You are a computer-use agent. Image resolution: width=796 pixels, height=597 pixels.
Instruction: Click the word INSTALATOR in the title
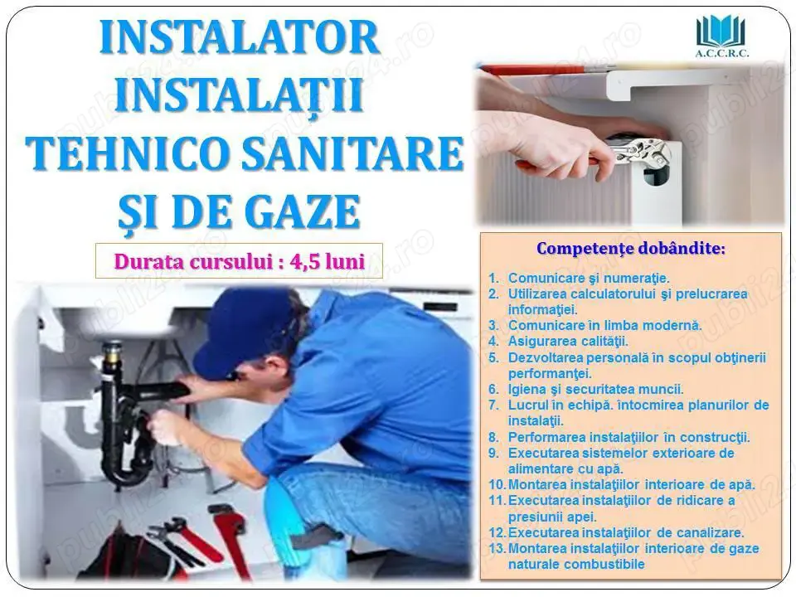click(240, 39)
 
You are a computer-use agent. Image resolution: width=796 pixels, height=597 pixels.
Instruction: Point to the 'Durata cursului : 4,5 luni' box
click(239, 260)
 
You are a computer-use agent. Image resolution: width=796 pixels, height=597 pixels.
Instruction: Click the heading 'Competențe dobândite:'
click(630, 248)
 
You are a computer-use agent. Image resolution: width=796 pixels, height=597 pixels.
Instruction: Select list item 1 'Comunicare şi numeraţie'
click(588, 279)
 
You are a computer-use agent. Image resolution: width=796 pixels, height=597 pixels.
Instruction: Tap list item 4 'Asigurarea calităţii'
click(568, 341)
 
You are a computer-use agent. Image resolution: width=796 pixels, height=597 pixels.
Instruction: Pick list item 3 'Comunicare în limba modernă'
click(604, 325)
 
